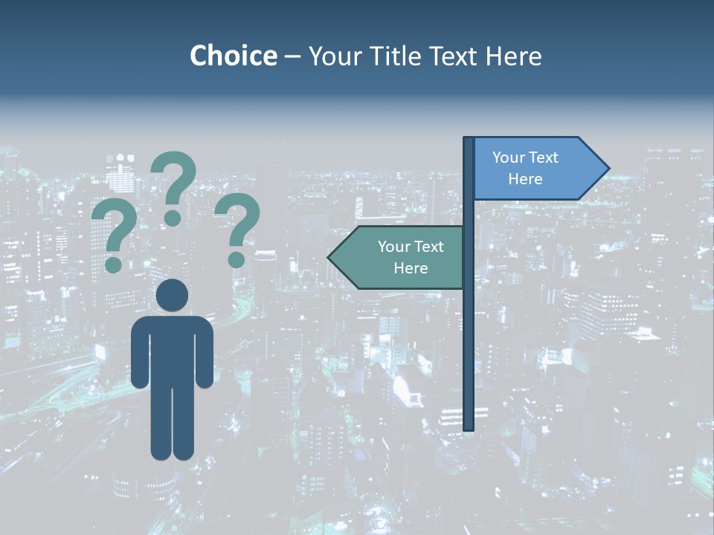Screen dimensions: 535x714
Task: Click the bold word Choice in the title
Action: click(x=233, y=56)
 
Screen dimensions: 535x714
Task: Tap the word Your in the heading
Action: click(x=332, y=56)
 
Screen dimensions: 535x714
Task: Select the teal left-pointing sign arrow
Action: click(x=398, y=257)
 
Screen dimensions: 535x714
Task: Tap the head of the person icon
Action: click(x=172, y=295)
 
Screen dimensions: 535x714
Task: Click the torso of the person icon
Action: click(x=172, y=349)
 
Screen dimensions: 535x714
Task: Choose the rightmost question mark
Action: click(x=237, y=227)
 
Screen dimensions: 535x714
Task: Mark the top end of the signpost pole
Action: click(x=469, y=140)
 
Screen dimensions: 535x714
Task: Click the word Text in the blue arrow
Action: click(x=543, y=158)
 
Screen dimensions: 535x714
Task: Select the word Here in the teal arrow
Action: click(x=411, y=268)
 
